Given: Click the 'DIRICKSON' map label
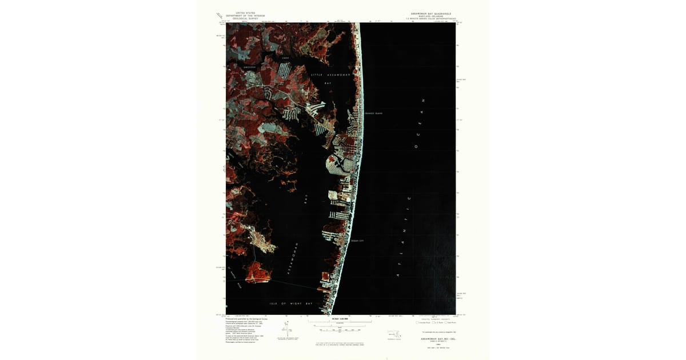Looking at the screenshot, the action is [249, 67].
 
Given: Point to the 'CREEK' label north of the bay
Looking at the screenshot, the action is [285, 58].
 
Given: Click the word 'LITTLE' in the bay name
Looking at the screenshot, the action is [317, 75].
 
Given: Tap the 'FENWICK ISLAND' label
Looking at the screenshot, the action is [373, 113].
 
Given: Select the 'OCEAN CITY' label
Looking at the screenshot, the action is [357, 241].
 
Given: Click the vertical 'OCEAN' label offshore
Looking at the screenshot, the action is [421, 130].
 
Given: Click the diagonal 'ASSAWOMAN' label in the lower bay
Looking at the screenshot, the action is [290, 261].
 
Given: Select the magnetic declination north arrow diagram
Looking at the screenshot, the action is [285, 329].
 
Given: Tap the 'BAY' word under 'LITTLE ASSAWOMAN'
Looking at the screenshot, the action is [328, 83].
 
